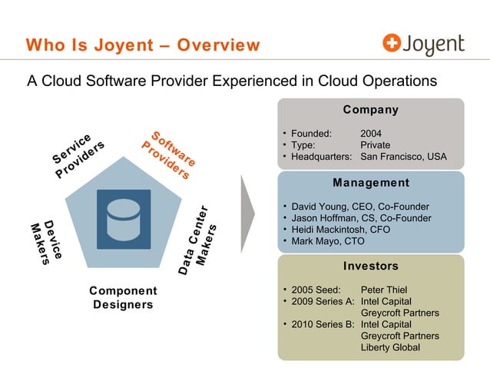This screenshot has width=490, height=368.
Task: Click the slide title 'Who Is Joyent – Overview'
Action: (143, 45)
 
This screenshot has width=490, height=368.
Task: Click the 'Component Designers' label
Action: (123, 297)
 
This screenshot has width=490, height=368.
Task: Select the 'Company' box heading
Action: (372, 110)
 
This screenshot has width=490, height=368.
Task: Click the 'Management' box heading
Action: (371, 183)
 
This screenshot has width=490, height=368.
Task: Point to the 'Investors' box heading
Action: (371, 266)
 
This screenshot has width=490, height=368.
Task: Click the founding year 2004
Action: (371, 132)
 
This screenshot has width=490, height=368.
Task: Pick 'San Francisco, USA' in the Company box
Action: (403, 157)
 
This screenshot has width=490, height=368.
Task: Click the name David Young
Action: (321, 207)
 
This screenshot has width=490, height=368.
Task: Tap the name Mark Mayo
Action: (315, 241)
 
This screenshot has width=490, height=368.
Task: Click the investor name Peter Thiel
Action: (386, 290)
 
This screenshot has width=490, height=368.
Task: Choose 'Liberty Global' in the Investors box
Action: (390, 347)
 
